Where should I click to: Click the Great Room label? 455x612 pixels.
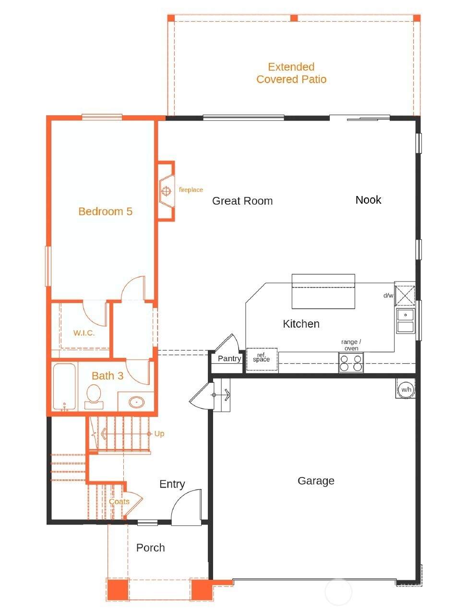(242, 201)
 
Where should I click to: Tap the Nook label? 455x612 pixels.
(368, 200)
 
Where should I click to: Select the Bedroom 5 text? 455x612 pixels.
(105, 211)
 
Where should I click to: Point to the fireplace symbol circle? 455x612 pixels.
(166, 191)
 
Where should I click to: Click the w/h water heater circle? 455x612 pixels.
(406, 390)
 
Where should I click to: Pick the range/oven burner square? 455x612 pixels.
(351, 363)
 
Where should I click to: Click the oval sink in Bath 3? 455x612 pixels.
(136, 402)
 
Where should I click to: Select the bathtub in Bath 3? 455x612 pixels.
(64, 387)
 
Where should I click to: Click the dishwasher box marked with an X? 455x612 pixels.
(405, 295)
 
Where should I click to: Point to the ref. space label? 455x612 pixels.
(262, 357)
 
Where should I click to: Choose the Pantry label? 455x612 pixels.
(229, 359)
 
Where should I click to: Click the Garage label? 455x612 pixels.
(316, 481)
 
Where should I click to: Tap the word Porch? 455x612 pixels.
(151, 548)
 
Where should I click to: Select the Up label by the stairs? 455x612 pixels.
(159, 434)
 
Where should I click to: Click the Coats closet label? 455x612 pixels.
(119, 502)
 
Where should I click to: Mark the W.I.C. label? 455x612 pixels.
(84, 333)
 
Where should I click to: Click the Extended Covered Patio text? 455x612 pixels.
(291, 73)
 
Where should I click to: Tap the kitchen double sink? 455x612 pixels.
(406, 321)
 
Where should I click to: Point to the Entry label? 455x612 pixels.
(172, 484)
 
